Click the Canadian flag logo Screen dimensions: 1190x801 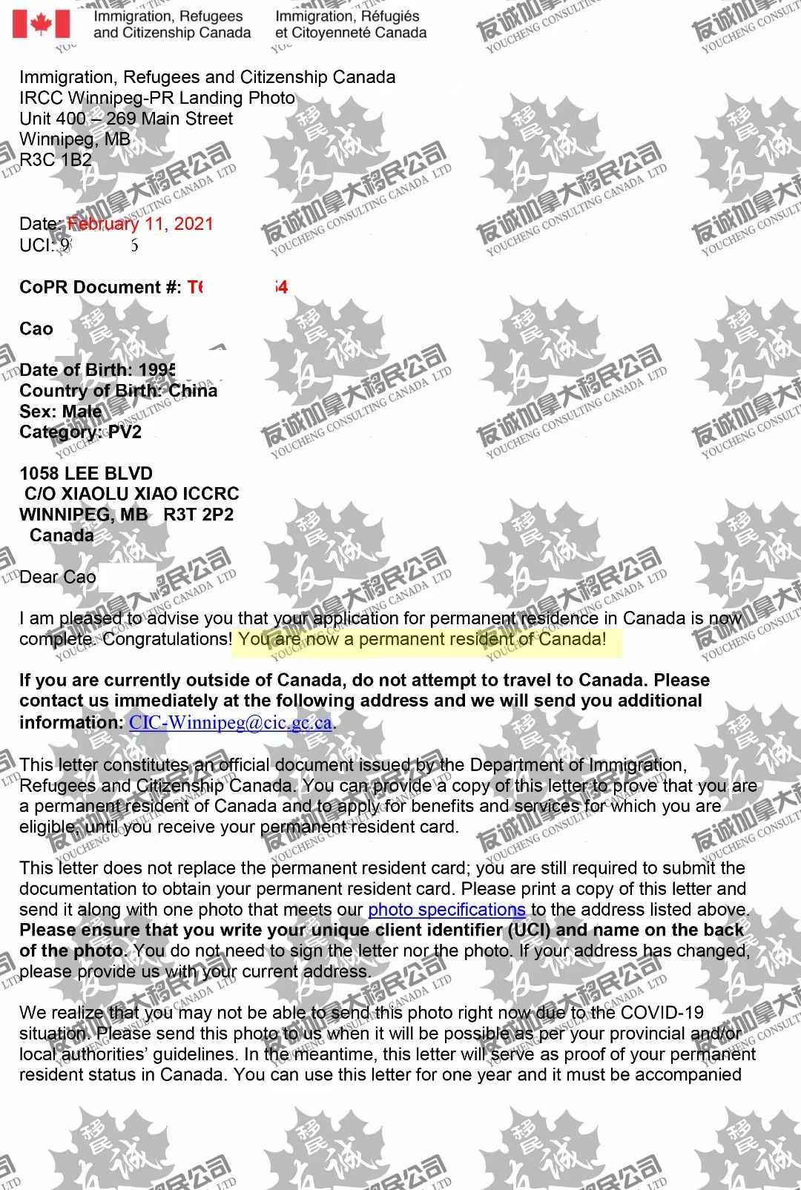pyautogui.click(x=42, y=24)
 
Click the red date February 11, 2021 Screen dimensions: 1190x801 pyautogui.click(x=140, y=224)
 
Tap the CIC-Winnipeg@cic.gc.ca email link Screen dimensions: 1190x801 pyautogui.click(x=231, y=722)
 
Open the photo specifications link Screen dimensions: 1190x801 pyautogui.click(x=446, y=910)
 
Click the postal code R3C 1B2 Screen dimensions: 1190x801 pyautogui.click(x=56, y=160)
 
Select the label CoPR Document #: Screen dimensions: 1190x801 pyautogui.click(x=100, y=288)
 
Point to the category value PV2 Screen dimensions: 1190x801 pyautogui.click(x=125, y=432)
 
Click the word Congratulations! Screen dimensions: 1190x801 pyautogui.click(x=168, y=639)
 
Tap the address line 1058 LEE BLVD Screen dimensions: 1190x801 pyautogui.click(x=86, y=474)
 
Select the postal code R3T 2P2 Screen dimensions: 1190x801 pyautogui.click(x=199, y=515)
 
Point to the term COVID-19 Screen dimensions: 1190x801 pyautogui.click(x=662, y=1013)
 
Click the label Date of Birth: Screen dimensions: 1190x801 pyautogui.click(x=76, y=370)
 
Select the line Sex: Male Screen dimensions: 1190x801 pyautogui.click(x=61, y=411)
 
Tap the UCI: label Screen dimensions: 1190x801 pyautogui.click(x=36, y=245)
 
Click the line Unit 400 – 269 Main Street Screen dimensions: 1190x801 pyautogui.click(x=126, y=119)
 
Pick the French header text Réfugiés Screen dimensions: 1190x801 pyautogui.click(x=386, y=16)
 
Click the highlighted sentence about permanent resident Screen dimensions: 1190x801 pyautogui.click(x=422, y=639)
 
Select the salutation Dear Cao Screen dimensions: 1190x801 pyautogui.click(x=58, y=577)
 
